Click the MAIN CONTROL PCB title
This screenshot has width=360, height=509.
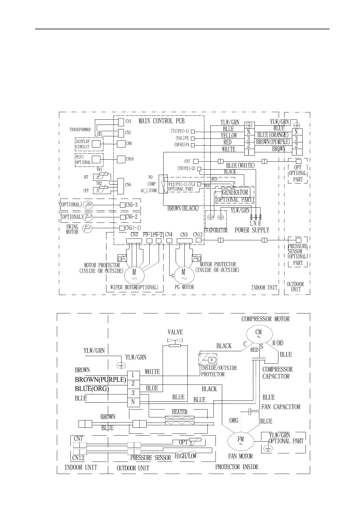click(161, 121)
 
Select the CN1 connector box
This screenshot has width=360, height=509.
click(121, 122)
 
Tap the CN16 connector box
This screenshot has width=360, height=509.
click(121, 159)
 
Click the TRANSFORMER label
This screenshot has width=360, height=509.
click(80, 130)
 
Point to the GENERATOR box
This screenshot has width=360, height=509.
click(235, 192)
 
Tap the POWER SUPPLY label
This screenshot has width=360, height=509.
click(252, 230)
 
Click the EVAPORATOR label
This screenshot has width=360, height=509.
click(215, 230)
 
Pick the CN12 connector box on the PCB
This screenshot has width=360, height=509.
click(198, 240)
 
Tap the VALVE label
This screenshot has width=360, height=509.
click(175, 332)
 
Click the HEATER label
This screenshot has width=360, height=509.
click(180, 412)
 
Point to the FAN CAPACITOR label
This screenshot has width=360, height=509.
click(281, 407)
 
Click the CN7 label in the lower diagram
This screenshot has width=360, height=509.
click(78, 439)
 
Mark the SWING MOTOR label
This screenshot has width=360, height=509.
click(72, 229)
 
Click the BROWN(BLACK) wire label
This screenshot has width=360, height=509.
click(183, 208)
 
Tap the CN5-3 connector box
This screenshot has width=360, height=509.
click(123, 205)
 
